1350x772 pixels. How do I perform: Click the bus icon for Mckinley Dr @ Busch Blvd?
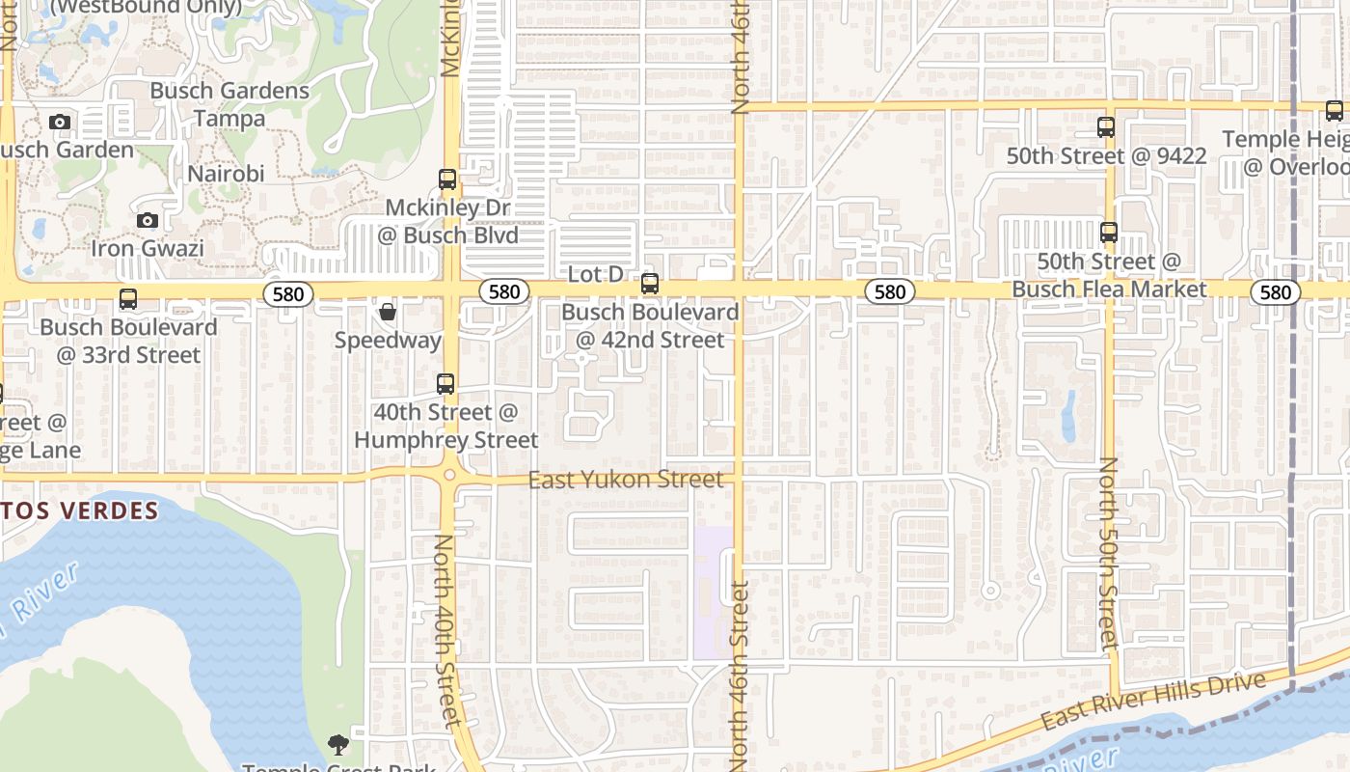point(447,179)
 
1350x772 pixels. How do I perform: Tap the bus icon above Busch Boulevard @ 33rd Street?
point(128,299)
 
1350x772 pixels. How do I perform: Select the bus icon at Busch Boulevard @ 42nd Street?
point(650,284)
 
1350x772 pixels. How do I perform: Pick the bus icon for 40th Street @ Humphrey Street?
point(445,384)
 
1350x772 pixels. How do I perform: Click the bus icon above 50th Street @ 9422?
point(1106,127)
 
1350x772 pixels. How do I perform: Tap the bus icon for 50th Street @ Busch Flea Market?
point(1109,233)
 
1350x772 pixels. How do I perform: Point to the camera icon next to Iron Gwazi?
point(148,221)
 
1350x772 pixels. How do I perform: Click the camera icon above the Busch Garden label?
point(60,123)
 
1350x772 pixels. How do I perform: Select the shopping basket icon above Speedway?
point(388,312)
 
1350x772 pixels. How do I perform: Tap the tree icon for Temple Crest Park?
point(337,744)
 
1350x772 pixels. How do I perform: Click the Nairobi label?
point(226,174)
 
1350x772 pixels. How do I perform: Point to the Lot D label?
point(595,274)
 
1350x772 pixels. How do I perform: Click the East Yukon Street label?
point(626,480)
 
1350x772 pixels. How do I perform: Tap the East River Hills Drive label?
point(1152,702)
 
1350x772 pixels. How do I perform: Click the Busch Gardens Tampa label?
point(229,104)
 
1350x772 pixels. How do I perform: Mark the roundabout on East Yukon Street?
point(449,476)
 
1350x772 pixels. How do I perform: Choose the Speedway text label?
point(388,341)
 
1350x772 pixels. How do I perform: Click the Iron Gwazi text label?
point(148,248)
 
